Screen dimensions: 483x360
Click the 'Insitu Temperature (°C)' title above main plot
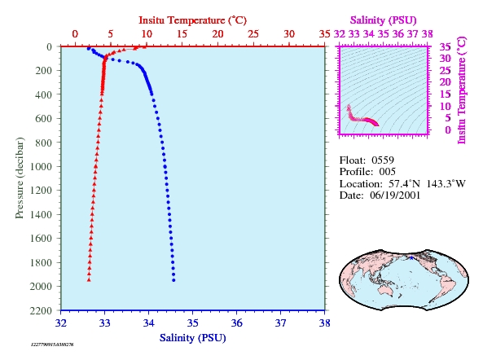[x=192, y=20]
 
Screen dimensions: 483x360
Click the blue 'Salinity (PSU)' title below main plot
[x=193, y=338]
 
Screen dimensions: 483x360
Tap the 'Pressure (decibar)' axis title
[x=20, y=178]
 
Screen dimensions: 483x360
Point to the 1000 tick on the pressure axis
[x=41, y=166]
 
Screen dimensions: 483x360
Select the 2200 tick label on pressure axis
[x=41, y=310]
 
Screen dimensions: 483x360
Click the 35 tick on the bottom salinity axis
[x=193, y=323]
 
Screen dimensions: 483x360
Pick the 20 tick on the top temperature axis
[x=217, y=34]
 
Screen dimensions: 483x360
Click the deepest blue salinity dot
[x=173, y=280]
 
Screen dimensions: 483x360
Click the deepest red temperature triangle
[x=89, y=279]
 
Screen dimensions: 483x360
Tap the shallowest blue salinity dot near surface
[x=89, y=48]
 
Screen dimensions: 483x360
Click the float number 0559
[x=383, y=160]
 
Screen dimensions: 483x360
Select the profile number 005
[x=387, y=172]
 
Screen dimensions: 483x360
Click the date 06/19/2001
[x=395, y=195]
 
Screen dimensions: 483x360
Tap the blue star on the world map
[x=411, y=257]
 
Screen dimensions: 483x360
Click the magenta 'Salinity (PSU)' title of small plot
[x=383, y=20]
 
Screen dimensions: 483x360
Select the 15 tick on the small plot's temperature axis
[x=446, y=94]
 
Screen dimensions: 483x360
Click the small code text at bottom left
[x=52, y=345]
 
